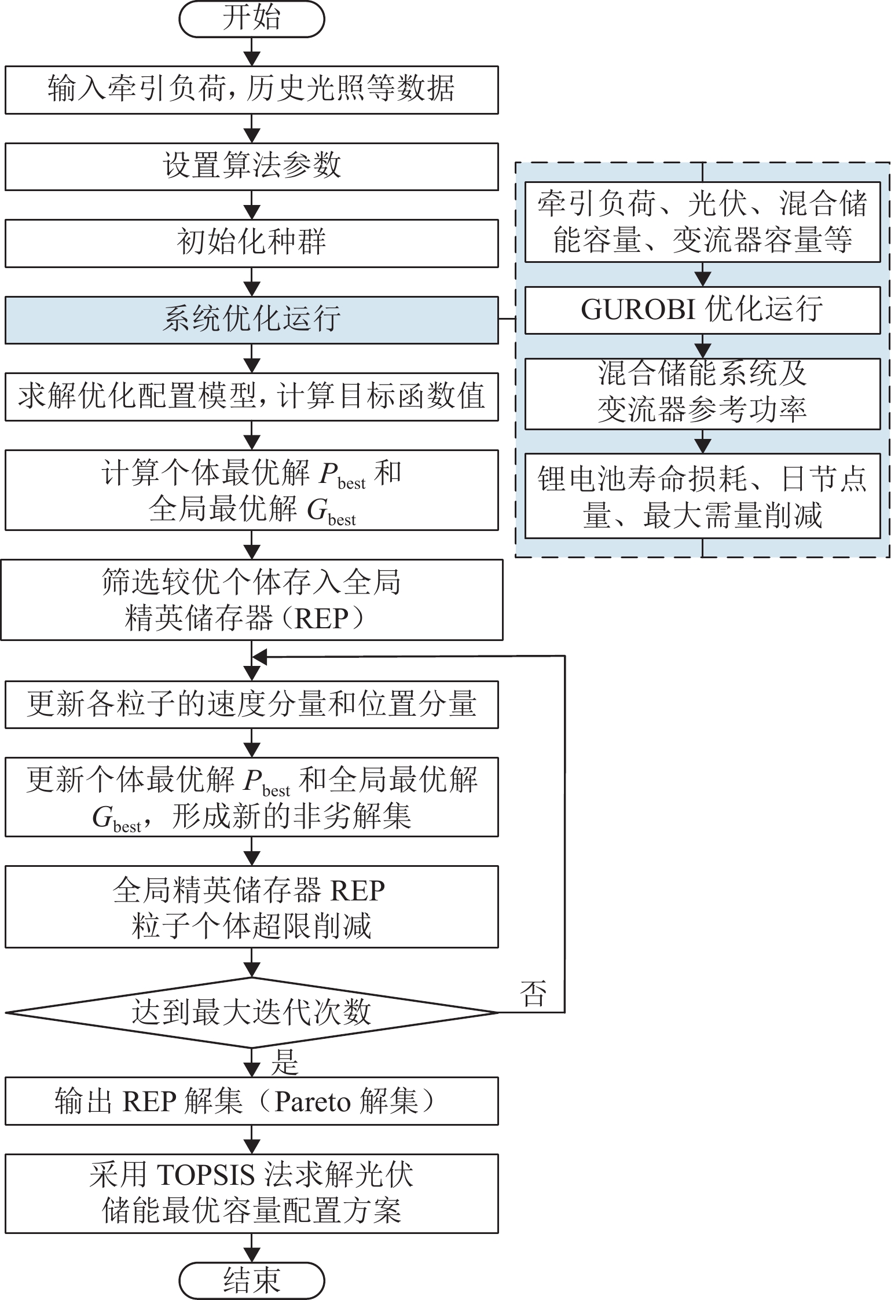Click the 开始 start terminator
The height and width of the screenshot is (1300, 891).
coord(251,19)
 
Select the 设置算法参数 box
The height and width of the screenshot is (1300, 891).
coord(251,166)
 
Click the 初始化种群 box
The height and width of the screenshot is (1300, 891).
coord(251,243)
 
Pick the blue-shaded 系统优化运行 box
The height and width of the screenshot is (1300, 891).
coord(251,320)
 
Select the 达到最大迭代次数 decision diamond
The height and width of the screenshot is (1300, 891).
coord(251,1012)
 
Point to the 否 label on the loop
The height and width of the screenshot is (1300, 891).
coord(533,994)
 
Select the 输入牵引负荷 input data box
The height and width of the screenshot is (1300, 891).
coord(251,89)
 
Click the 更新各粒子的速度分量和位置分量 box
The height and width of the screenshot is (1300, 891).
coord(251,705)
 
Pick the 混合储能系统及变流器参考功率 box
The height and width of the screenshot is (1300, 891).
coord(702,393)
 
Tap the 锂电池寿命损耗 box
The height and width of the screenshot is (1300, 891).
coord(702,496)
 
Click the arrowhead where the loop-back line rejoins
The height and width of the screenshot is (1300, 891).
coord(259,657)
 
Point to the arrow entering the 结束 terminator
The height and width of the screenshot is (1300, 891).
coord(252,1251)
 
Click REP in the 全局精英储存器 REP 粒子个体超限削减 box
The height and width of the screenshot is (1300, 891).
coord(357,891)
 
